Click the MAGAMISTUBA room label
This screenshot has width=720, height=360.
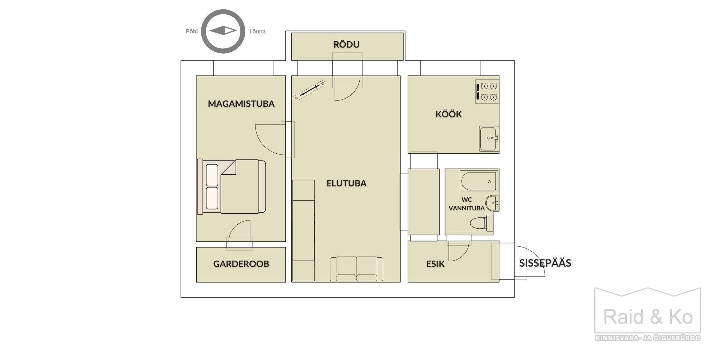[x=241, y=104]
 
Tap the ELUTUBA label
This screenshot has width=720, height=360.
[x=346, y=183]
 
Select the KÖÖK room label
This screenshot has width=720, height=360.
[x=448, y=114]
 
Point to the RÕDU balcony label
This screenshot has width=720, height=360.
[x=346, y=44]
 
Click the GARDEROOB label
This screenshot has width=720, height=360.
[x=241, y=264]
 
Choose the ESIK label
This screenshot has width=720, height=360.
[x=435, y=264]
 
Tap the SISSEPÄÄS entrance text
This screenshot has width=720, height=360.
[x=545, y=263]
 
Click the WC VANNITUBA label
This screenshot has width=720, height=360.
[x=466, y=204]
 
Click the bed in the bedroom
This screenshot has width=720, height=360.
[x=231, y=187]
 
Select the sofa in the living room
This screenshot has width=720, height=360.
[x=357, y=269]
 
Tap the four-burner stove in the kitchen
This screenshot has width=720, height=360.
[x=487, y=91]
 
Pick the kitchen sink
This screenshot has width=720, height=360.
[x=489, y=139]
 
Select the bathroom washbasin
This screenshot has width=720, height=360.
[x=492, y=203]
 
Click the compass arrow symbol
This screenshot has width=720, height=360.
[x=223, y=31]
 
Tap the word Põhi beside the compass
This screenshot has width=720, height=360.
[x=192, y=31]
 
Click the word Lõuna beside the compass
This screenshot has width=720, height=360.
[x=258, y=31]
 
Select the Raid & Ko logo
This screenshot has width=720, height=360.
[x=648, y=314]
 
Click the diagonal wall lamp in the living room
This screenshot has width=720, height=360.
[x=310, y=90]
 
